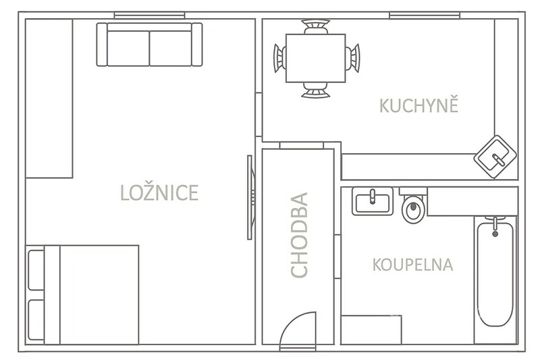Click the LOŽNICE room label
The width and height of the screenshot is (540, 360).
coord(159,192)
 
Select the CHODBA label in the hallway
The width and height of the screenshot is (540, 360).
coord(299,235)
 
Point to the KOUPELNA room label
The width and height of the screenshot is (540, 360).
coord(412,265)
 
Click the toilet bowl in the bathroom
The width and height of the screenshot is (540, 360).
coord(413,209)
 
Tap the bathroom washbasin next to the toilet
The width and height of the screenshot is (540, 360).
coord(373,201)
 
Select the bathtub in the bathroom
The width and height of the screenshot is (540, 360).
coord(495,273)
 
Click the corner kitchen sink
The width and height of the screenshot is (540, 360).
coord(495,157)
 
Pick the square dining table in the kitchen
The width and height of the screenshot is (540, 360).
coord(315,58)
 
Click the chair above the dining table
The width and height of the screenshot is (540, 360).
coord(315,27)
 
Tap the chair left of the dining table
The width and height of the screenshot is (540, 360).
coord(279,58)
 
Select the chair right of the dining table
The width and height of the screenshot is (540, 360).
coord(352,58)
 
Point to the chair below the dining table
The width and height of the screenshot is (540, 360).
coord(315,90)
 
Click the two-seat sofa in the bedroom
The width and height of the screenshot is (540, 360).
coord(149,44)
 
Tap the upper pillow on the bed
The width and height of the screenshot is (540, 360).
coord(36,270)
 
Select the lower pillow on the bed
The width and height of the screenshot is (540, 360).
coord(36,319)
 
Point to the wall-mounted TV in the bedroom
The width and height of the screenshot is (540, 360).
coord(250,197)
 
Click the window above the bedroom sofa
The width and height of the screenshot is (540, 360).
coord(149,16)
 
